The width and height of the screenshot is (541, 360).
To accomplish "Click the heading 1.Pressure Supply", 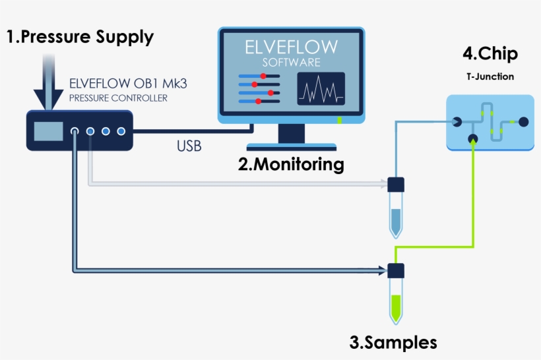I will click(80, 37).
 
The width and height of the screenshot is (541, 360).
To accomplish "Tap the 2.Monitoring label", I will click(291, 164).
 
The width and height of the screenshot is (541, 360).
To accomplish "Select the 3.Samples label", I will click(393, 342).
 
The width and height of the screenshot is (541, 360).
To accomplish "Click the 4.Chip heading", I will click(490, 53).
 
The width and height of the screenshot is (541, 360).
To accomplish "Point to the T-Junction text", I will click(490, 76).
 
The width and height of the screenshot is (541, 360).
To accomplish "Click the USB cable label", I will click(189, 146).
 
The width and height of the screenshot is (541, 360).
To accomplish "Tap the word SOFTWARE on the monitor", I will click(291, 63).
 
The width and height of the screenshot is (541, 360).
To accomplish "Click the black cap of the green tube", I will click(396, 271).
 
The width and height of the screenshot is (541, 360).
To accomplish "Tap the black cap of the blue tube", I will click(396, 185).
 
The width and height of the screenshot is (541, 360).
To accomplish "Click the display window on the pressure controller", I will click(49, 131).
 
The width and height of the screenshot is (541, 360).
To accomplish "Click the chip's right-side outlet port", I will click(523, 122).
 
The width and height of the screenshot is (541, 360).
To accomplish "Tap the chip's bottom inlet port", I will click(472, 138).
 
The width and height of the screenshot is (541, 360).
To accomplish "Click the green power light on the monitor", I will click(340, 120).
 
